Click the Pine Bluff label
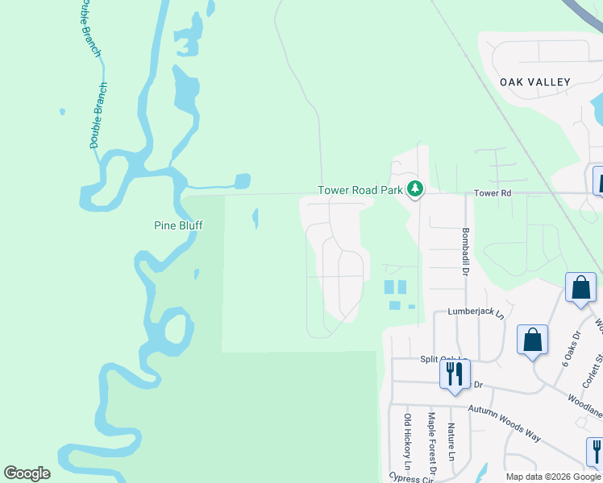point(178,226)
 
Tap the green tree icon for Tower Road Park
point(415,189)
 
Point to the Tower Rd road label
point(493,193)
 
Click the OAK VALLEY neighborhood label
point(535,82)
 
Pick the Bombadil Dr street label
point(466,250)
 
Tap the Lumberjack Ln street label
point(480,312)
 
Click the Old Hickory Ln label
point(407,442)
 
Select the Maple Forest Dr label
point(431,443)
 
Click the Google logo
point(27,473)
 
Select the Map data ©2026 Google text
point(553,477)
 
